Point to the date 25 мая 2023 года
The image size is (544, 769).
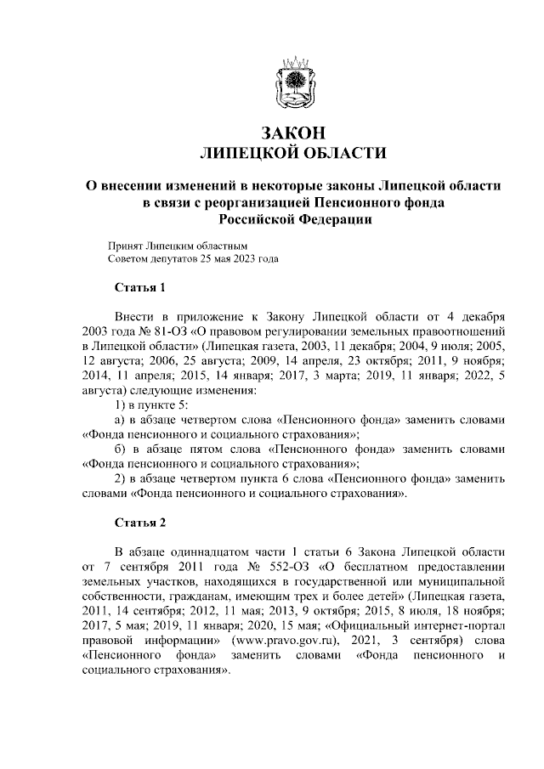(238, 257)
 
